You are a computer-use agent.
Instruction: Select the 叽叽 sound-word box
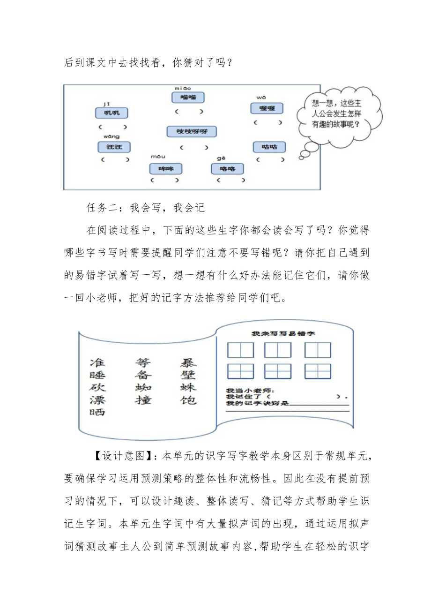tap(111, 113)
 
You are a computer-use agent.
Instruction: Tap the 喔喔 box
tap(267, 108)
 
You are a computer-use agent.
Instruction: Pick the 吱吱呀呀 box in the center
tap(192, 131)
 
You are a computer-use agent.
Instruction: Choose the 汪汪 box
tap(114, 147)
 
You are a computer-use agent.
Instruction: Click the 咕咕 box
tap(269, 147)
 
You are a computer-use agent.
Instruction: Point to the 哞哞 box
tap(165, 169)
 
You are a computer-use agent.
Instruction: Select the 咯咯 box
tap(227, 169)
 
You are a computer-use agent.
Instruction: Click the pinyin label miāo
tap(183, 88)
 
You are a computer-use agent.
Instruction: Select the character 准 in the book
tap(97, 362)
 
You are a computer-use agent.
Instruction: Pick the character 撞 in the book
tap(143, 400)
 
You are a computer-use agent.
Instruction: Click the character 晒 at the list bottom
tap(97, 413)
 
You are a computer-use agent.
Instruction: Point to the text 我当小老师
tap(250, 390)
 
